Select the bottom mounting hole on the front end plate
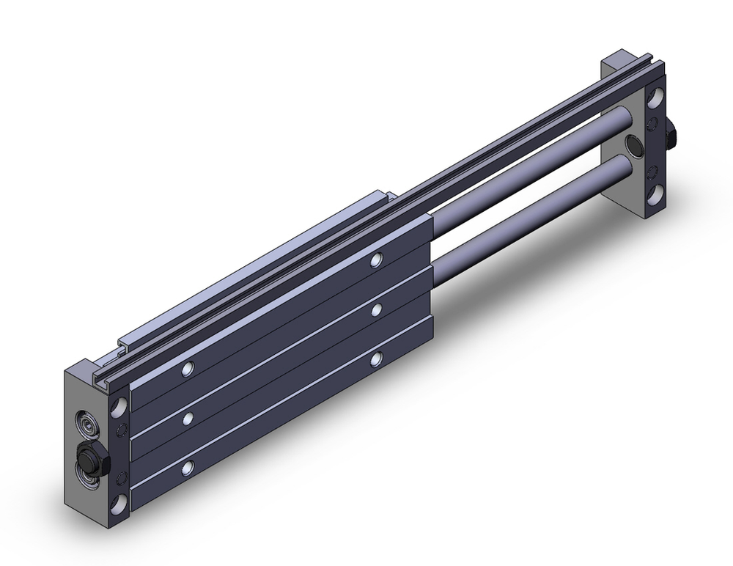coord(118,504)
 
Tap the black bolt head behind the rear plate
coord(671,138)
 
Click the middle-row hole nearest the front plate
coord(189,418)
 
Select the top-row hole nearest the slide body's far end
coord(377,260)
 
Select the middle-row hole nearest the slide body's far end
coord(377,309)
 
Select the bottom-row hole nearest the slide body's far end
coord(377,358)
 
